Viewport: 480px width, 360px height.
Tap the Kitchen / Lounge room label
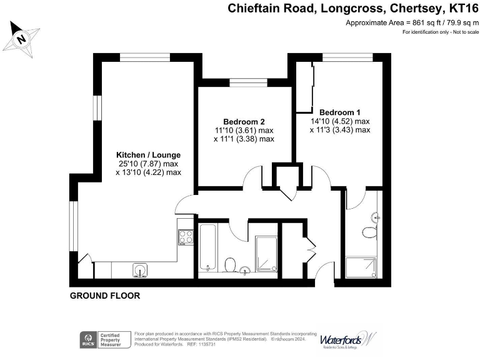coord(148,154)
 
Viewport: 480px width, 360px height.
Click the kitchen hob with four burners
coord(186,236)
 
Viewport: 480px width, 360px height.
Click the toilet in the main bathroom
coord(230,266)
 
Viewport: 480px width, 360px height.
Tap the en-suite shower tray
coord(362,267)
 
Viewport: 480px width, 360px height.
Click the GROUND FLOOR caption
coord(104,295)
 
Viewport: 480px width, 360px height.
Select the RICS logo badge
coord(87,340)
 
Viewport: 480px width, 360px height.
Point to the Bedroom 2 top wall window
coord(244,82)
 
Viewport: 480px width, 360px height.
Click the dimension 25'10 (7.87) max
coord(148,164)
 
